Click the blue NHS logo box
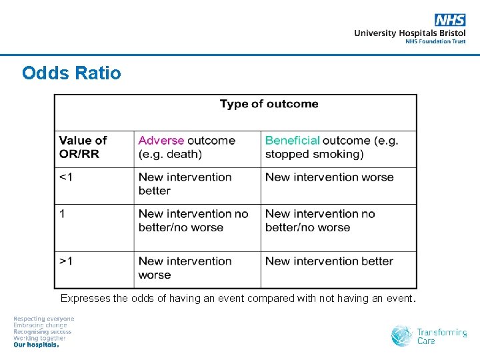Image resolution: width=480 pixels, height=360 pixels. click(450, 20)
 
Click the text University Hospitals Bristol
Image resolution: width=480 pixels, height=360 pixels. click(409, 33)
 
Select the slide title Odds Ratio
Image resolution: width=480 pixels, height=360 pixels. click(71, 73)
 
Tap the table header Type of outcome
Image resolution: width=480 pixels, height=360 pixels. click(269, 104)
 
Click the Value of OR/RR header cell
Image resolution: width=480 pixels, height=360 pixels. click(83, 147)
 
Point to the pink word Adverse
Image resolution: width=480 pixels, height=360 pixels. click(161, 141)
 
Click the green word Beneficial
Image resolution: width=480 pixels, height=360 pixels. click(292, 141)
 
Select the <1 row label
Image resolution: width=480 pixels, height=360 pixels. click(66, 177)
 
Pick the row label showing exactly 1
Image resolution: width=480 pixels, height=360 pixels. click(62, 214)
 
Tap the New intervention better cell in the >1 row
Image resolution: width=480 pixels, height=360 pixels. click(329, 261)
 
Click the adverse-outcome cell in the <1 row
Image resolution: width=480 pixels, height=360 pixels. click(185, 184)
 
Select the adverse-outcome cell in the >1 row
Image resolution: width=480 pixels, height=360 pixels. click(185, 268)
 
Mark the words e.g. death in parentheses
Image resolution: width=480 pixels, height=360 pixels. click(170, 155)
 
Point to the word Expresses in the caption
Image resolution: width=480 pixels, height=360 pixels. click(85, 299)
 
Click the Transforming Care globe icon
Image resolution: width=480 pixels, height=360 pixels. click(402, 335)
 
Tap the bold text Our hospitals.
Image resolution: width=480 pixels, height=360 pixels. click(37, 345)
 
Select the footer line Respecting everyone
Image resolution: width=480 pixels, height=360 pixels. click(44, 319)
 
